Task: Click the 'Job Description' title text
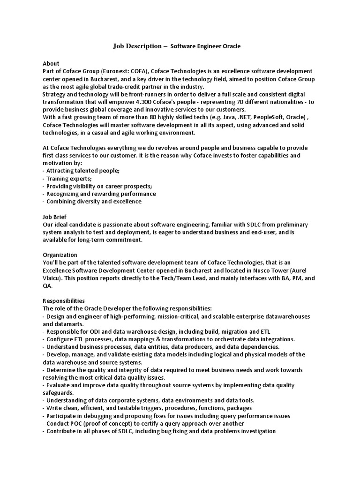136,46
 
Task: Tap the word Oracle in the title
231,46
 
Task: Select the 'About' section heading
51,63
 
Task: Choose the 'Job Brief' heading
54,217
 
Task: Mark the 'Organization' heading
60,255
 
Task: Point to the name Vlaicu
51,278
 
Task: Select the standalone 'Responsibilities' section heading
64,300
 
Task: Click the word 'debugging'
97,416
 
